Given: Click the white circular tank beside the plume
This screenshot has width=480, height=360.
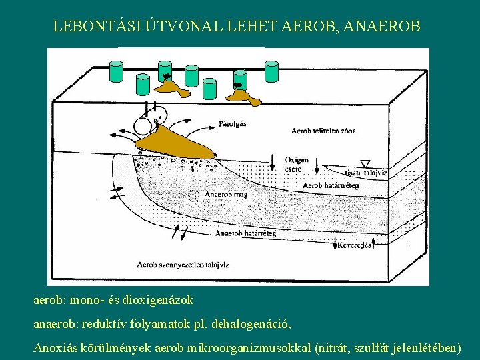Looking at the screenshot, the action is click(x=143, y=125).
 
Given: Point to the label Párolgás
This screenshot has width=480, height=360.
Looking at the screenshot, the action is click(x=233, y=123).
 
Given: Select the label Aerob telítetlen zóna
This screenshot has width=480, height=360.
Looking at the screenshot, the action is click(x=323, y=131).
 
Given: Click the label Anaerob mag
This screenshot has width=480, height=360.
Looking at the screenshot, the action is click(x=226, y=195).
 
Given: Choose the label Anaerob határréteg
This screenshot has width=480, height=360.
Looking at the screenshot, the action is click(x=245, y=233).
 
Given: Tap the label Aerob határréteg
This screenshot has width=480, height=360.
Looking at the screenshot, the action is click(x=331, y=185).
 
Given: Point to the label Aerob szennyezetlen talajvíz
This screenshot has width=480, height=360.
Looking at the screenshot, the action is click(x=183, y=265).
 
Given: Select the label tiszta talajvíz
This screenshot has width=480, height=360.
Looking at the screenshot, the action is click(x=363, y=173).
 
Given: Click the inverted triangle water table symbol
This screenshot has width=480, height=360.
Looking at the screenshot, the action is click(x=364, y=163).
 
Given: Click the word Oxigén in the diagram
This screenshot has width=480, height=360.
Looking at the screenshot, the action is click(x=296, y=160).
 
